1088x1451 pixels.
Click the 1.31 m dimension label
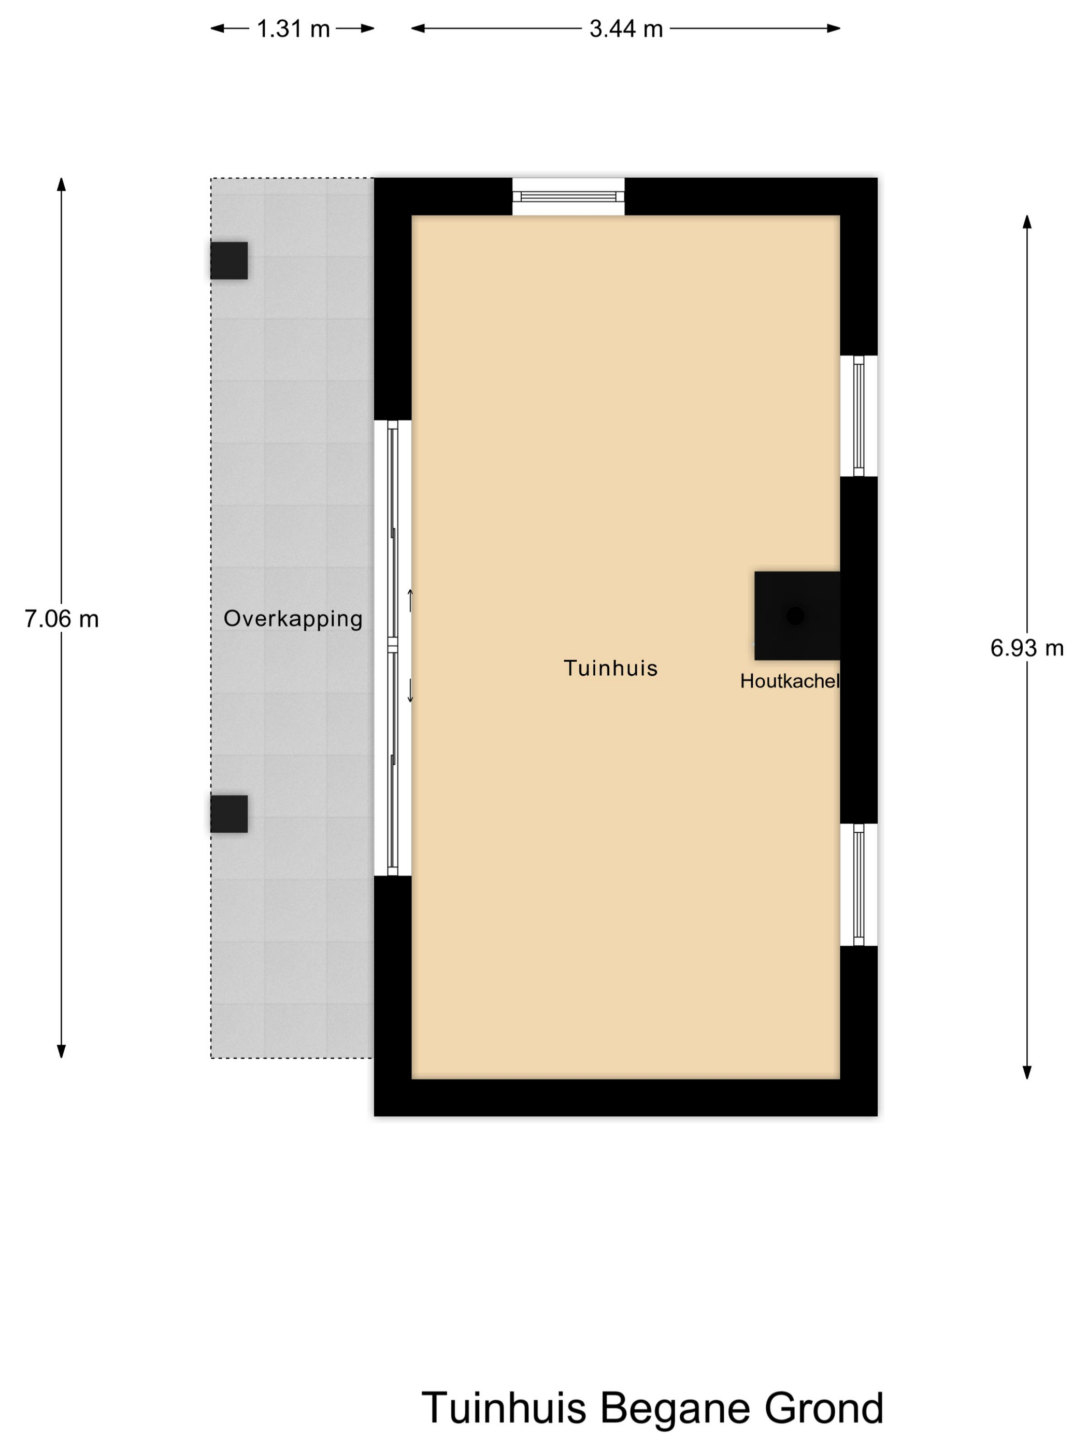(x=293, y=29)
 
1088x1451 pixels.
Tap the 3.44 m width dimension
(x=626, y=29)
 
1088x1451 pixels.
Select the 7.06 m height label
(x=62, y=619)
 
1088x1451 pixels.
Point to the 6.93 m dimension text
(x=1026, y=648)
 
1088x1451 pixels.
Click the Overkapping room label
(x=293, y=619)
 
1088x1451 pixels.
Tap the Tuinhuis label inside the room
(x=610, y=668)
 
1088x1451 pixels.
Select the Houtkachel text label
(x=790, y=681)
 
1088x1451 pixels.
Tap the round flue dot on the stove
(x=795, y=615)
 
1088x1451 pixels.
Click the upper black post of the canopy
(x=229, y=261)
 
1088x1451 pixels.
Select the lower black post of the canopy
(x=229, y=814)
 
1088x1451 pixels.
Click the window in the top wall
(x=568, y=196)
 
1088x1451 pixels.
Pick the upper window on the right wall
(x=858, y=416)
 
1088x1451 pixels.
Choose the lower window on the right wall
(x=858, y=884)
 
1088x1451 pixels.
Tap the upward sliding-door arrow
(x=410, y=600)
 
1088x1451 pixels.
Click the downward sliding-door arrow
(x=410, y=691)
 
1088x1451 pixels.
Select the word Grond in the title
(x=824, y=1407)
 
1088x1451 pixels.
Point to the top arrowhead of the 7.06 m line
(x=62, y=184)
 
